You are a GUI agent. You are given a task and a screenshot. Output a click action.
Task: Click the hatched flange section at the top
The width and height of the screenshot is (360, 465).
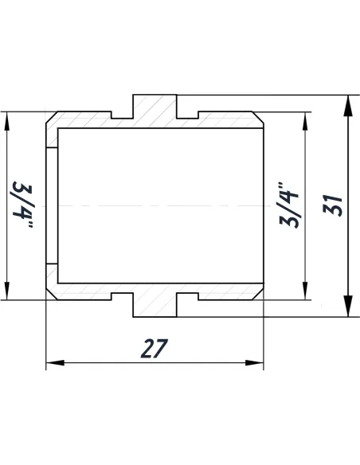[x=154, y=110]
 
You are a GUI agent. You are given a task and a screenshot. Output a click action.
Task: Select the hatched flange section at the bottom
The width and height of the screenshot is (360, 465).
[x=154, y=302]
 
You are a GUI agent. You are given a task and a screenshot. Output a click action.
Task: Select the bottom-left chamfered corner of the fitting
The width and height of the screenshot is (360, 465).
[x=51, y=295]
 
